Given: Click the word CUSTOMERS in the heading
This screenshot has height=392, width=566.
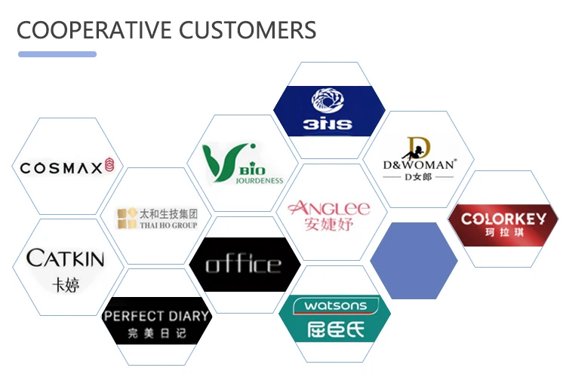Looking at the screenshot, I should tap(248, 30).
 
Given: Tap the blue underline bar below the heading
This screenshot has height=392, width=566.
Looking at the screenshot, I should tap(57, 54).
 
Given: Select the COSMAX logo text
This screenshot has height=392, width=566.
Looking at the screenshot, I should tap(60, 167).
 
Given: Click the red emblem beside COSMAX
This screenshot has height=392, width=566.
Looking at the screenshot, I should tap(109, 165).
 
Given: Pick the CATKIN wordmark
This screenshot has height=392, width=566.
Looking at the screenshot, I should tap(66, 259).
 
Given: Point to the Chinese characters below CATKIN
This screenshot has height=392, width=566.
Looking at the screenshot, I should tap(66, 284).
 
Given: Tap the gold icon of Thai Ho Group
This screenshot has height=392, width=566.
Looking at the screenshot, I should tap(126, 218).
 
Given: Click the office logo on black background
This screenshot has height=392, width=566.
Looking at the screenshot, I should tap(243, 265).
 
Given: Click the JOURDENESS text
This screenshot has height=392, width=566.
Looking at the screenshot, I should tap(259, 180).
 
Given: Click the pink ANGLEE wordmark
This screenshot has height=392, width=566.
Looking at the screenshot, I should tap(329, 208).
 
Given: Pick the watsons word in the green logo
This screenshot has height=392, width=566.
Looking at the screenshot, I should tap(334, 306).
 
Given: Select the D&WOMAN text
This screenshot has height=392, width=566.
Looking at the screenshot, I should tap(418, 164).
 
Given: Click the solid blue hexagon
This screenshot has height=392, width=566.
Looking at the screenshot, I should tap(414, 260).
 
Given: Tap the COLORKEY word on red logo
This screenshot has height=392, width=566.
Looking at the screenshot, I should tap(503, 219).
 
